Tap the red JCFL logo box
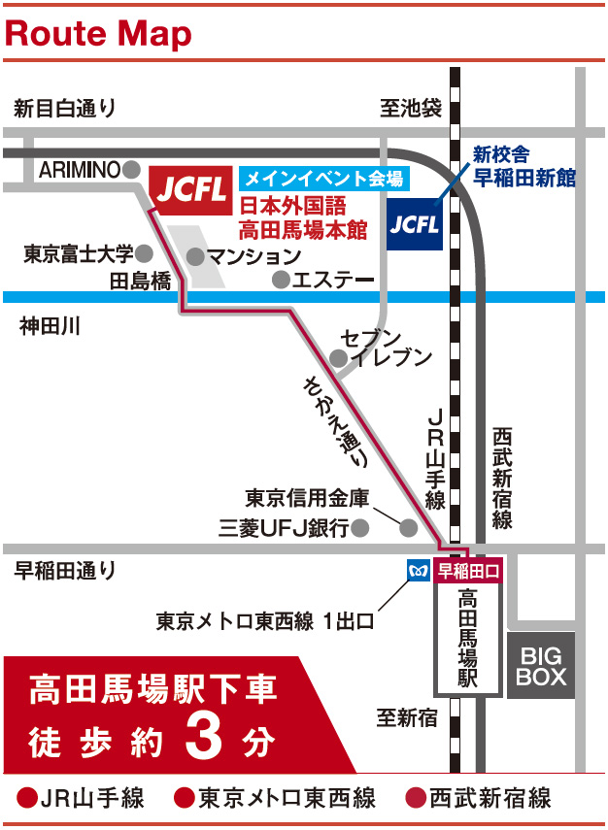pyautogui.click(x=191, y=185)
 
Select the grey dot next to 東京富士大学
pyautogui.click(x=144, y=254)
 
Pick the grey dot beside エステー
pyautogui.click(x=281, y=281)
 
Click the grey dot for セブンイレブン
pyautogui.click(x=338, y=359)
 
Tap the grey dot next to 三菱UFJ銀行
pyautogui.click(x=360, y=528)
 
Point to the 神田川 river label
pyautogui.click(x=49, y=327)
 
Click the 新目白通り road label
pyautogui.click(x=64, y=109)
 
